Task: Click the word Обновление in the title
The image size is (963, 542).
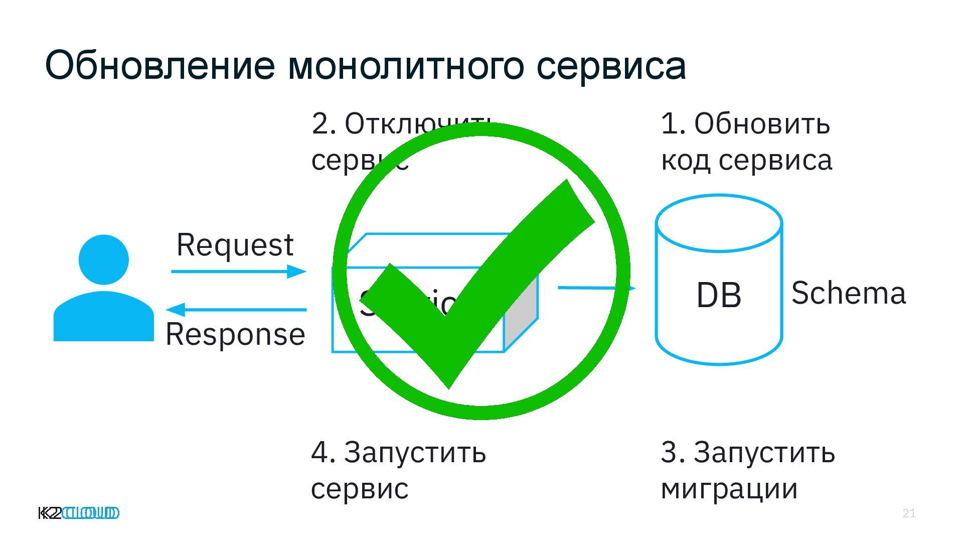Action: point(160,66)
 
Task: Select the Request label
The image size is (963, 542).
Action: point(235,245)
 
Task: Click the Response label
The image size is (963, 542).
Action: point(235,335)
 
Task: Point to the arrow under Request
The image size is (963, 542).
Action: point(238,272)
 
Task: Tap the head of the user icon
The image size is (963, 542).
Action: point(104,259)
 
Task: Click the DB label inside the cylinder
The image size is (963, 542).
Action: point(719,295)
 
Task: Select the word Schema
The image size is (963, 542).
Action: point(849,293)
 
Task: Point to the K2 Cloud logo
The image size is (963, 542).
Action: point(79,513)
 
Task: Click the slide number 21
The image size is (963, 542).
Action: point(909,513)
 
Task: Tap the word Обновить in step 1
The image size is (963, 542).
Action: point(762,123)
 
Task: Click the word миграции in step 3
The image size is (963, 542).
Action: point(729,489)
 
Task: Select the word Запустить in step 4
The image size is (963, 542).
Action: point(415,452)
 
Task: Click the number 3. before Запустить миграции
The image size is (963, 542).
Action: point(673,452)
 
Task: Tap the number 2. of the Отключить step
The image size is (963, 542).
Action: point(324,123)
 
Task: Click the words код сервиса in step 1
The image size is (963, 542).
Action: point(746,161)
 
